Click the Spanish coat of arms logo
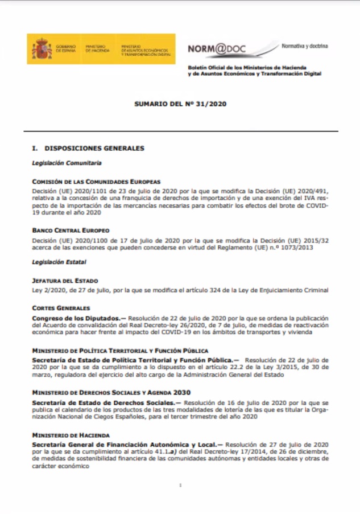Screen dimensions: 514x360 42,49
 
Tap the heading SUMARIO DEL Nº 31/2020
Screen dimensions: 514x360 180,105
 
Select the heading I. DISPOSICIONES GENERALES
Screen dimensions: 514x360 88,149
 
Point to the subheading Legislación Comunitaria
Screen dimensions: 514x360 67,163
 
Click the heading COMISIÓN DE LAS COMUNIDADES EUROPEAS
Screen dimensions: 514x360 97,182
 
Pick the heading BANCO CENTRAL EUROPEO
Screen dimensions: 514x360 71,231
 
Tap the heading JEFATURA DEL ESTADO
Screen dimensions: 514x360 65,280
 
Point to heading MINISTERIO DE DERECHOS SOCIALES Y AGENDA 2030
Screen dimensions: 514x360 111,392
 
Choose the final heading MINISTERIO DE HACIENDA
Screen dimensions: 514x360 71,434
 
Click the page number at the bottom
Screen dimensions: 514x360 180,486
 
